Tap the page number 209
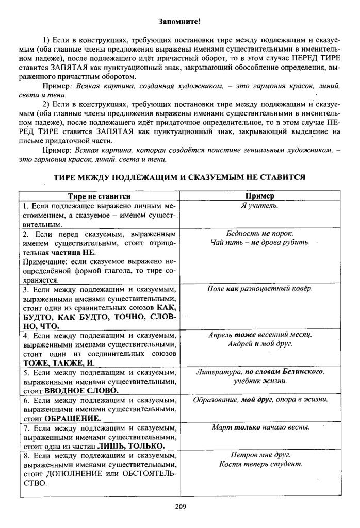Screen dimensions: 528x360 pyautogui.click(x=180, y=506)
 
